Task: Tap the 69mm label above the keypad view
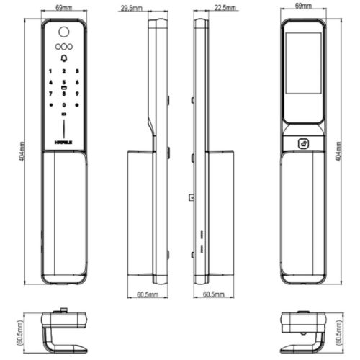tap(63, 6)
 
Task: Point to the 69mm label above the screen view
tap(304, 6)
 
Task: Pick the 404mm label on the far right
tap(339, 152)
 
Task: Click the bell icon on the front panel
tap(64, 58)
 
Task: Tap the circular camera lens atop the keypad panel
tap(64, 32)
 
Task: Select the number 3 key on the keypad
tap(76, 72)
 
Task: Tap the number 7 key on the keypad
tap(51, 94)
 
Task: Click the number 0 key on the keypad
tap(64, 104)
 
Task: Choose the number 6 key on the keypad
tap(76, 83)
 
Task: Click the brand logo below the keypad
tap(64, 143)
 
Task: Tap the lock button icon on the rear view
tap(304, 143)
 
